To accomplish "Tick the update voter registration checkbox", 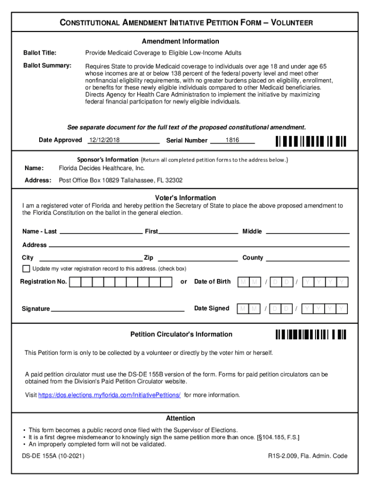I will (x=26, y=269).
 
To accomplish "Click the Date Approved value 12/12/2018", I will (x=104, y=140).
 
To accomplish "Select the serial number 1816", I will (x=232, y=140).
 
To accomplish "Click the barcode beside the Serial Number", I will (x=311, y=141).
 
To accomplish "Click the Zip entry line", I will (x=198, y=259).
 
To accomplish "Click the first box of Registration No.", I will (x=75, y=282).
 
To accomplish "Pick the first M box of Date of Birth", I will (x=243, y=282).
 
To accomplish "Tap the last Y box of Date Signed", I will (x=342, y=308).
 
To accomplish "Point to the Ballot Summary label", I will (x=47, y=65).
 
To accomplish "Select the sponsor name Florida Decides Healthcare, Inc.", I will (x=101, y=168).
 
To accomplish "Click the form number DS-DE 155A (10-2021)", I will (x=53, y=456).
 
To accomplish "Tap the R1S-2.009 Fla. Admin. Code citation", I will (x=308, y=456).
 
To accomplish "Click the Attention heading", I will (x=180, y=418).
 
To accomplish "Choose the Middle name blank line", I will (x=308, y=233).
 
